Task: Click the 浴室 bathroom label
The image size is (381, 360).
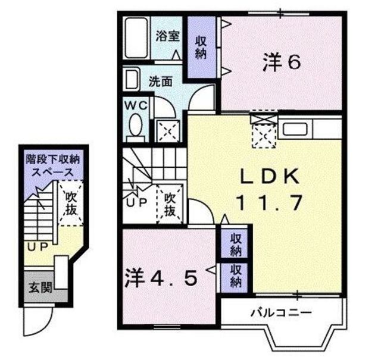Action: click(167, 36)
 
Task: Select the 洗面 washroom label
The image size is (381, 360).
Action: click(160, 82)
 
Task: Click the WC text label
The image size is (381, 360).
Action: click(136, 105)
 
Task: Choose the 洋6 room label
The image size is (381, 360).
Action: click(282, 62)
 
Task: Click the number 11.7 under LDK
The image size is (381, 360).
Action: click(269, 203)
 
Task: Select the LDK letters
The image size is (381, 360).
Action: click(270, 176)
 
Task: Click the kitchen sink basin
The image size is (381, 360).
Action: click(295, 129)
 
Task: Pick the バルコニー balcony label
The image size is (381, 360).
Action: click(281, 313)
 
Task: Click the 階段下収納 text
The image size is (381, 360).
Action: click(53, 160)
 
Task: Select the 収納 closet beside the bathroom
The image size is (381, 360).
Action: click(201, 48)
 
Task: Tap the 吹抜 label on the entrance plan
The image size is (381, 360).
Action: click(71, 204)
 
